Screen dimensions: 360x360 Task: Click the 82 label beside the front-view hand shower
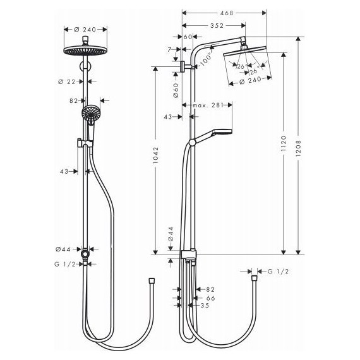pos(74,100)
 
